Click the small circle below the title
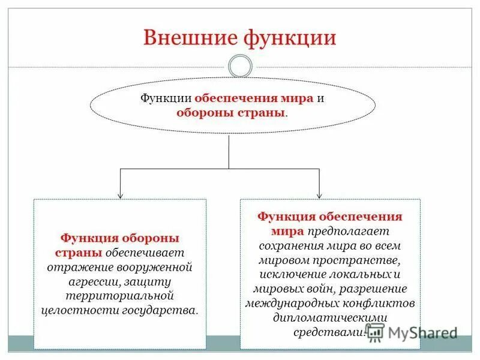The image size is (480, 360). (240, 66)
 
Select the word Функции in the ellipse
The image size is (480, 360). (166, 98)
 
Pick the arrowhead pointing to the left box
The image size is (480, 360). (121, 194)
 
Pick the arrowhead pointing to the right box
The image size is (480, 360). (320, 194)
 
